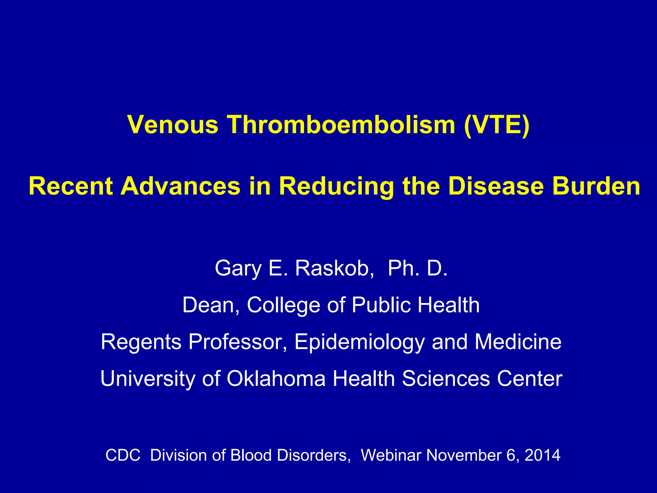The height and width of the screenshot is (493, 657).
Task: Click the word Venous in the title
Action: pyautogui.click(x=173, y=125)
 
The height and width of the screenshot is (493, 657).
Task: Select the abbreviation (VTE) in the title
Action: pyautogui.click(x=496, y=125)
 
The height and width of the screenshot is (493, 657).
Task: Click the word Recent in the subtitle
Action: pyautogui.click(x=71, y=186)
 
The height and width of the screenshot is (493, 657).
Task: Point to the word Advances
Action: pyautogui.click(x=180, y=186)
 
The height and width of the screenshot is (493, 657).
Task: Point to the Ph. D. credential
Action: pyautogui.click(x=417, y=268)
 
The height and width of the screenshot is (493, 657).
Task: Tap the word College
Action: pyautogui.click(x=283, y=305)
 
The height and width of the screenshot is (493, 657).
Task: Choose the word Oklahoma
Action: pyautogui.click(x=276, y=378)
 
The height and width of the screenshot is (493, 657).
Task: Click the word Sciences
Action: pyautogui.click(x=446, y=378)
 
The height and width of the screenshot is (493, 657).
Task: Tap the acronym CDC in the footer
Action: pyautogui.click(x=123, y=455)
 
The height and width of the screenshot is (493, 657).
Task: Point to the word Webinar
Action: pyautogui.click(x=390, y=455)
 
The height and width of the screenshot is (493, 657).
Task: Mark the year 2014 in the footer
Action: pyautogui.click(x=542, y=455)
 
